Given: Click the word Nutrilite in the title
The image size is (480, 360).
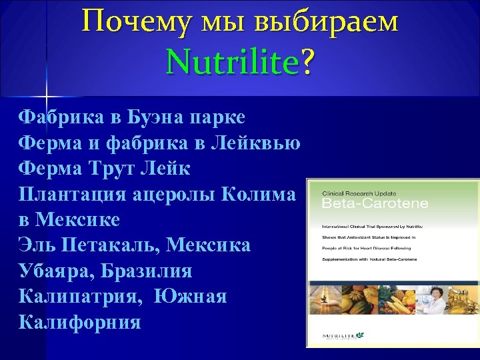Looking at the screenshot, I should point(233,63).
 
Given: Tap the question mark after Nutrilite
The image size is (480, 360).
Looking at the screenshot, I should point(308,63).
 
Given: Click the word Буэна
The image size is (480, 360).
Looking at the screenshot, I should point(156,117).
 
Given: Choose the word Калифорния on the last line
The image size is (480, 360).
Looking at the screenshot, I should point(80,323).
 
